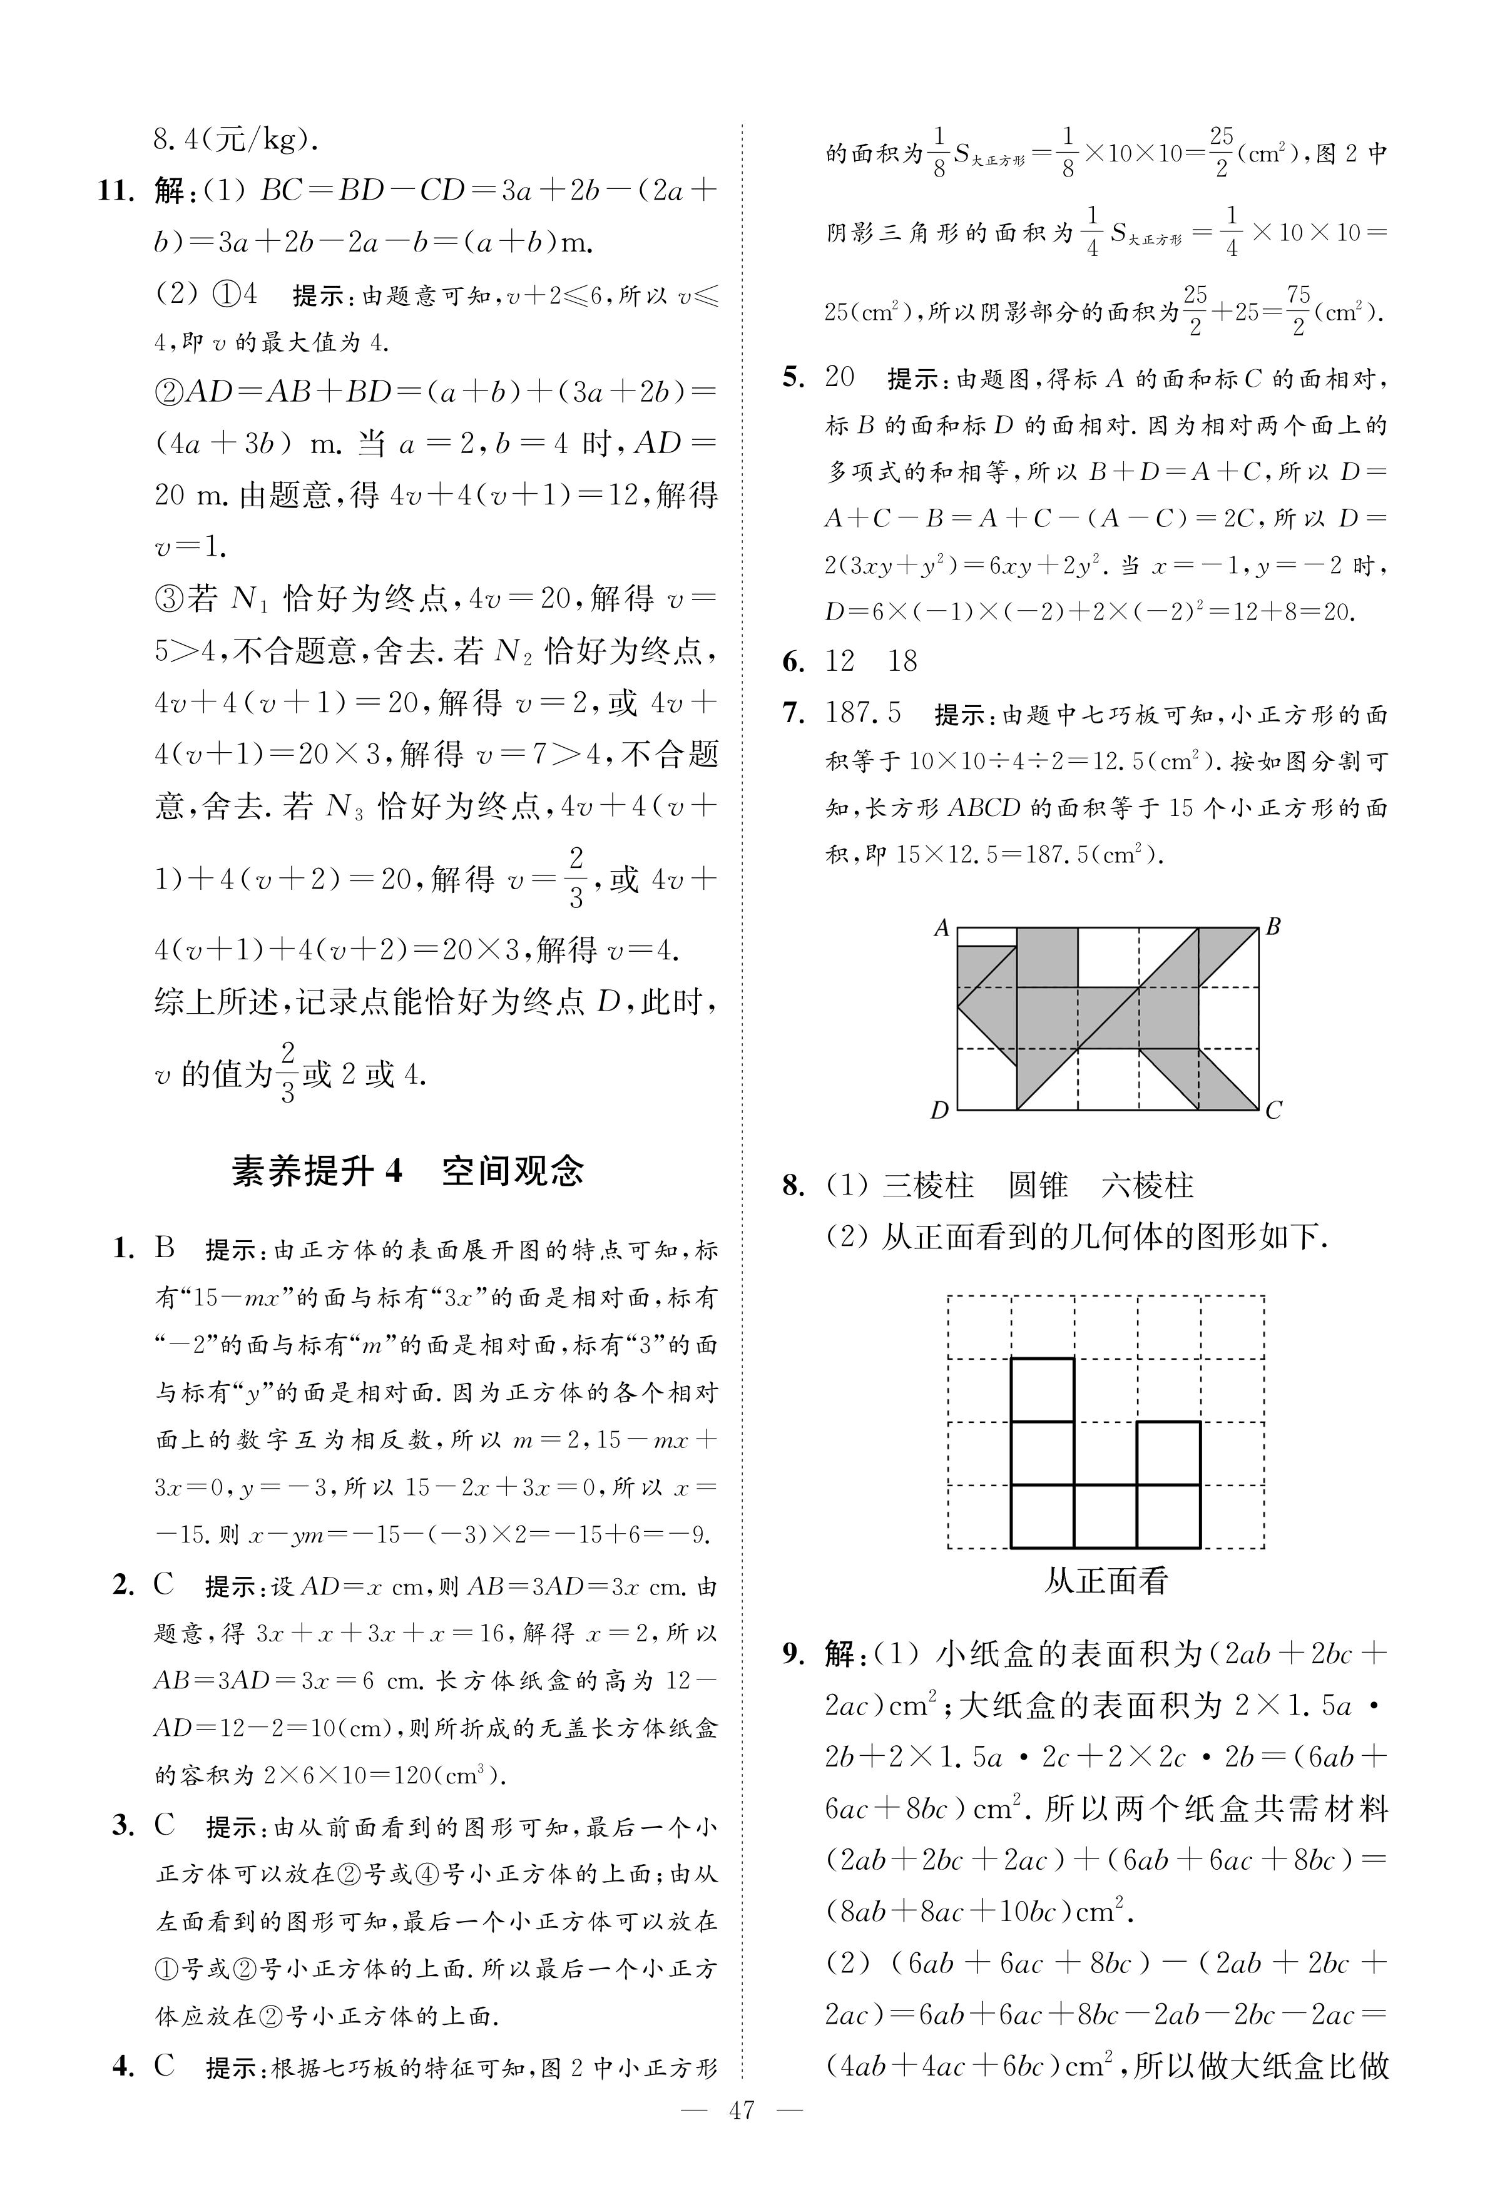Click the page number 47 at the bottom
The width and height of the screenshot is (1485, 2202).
742,2137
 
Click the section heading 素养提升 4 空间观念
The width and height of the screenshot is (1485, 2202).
407,1171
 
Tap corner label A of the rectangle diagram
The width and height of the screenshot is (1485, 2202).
941,928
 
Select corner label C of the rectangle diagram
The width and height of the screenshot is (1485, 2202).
1274,1110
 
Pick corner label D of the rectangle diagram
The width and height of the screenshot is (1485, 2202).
939,1110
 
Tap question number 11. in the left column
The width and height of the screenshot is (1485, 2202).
118,191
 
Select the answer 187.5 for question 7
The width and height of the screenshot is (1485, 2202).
863,713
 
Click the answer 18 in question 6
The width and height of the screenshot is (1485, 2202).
902,661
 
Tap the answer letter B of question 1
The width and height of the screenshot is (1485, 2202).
166,1248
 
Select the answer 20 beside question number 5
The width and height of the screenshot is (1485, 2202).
840,377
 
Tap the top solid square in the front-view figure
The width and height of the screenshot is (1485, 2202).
1043,1389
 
